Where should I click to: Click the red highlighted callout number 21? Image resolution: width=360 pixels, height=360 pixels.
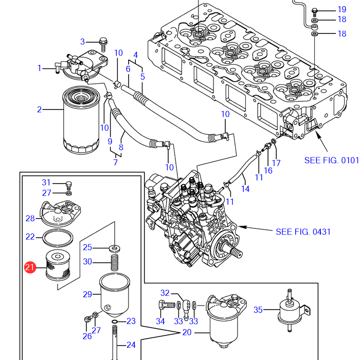click(x=30, y=267)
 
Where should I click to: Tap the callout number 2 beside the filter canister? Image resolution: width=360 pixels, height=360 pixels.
click(x=39, y=109)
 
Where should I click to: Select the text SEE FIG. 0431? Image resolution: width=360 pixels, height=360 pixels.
click(x=303, y=232)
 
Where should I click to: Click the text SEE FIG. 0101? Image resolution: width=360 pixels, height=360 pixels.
click(x=331, y=160)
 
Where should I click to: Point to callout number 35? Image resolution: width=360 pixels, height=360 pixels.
click(x=258, y=310)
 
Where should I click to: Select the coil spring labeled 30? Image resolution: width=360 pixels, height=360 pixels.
click(x=114, y=262)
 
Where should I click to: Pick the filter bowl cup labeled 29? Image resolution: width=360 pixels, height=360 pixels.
click(x=114, y=294)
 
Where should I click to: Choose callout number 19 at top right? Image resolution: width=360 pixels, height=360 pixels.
click(x=342, y=10)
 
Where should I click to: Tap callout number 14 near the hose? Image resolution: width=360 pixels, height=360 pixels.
click(x=245, y=189)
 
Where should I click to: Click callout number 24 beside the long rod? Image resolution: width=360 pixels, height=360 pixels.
click(x=131, y=345)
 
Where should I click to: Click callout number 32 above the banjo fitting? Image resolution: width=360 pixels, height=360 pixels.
click(x=165, y=293)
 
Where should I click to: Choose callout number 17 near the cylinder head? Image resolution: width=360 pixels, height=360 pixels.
click(x=276, y=164)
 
